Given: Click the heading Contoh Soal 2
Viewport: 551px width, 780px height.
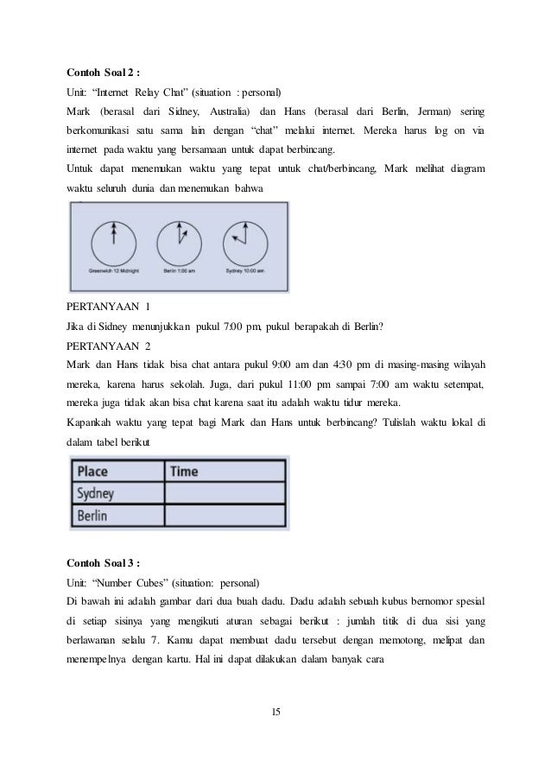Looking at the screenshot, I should click(x=103, y=72).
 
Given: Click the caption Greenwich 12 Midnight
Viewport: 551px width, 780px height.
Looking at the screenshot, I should click(x=112, y=272).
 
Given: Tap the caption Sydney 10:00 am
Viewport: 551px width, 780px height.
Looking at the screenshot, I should click(x=246, y=272).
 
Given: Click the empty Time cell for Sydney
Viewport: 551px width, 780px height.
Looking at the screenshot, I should click(x=225, y=493).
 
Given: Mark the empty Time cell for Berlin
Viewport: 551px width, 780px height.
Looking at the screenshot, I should click(x=225, y=515).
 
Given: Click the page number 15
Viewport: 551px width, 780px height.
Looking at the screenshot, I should click(x=275, y=712).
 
